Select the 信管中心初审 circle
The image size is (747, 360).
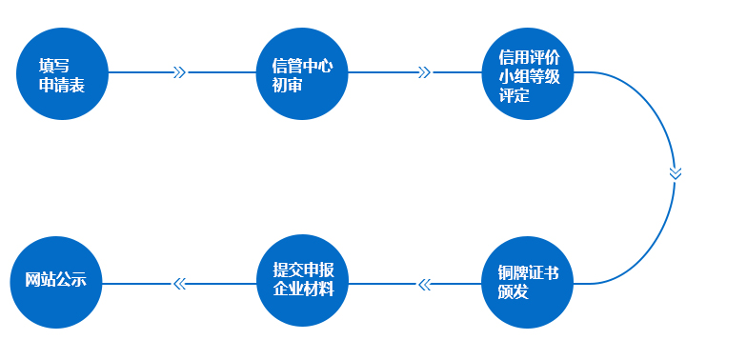click(303, 73)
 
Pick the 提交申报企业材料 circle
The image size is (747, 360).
click(303, 283)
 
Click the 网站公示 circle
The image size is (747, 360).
click(55, 283)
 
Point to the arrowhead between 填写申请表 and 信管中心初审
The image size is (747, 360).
click(179, 72)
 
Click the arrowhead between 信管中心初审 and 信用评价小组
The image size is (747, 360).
click(425, 72)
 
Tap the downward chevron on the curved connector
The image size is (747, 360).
click(676, 173)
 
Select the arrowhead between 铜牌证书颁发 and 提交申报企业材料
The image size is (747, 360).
click(425, 283)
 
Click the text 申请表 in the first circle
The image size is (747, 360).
click(61, 85)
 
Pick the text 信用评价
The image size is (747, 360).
click(527, 55)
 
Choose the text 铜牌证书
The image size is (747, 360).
click(527, 273)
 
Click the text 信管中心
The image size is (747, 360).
click(302, 66)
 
